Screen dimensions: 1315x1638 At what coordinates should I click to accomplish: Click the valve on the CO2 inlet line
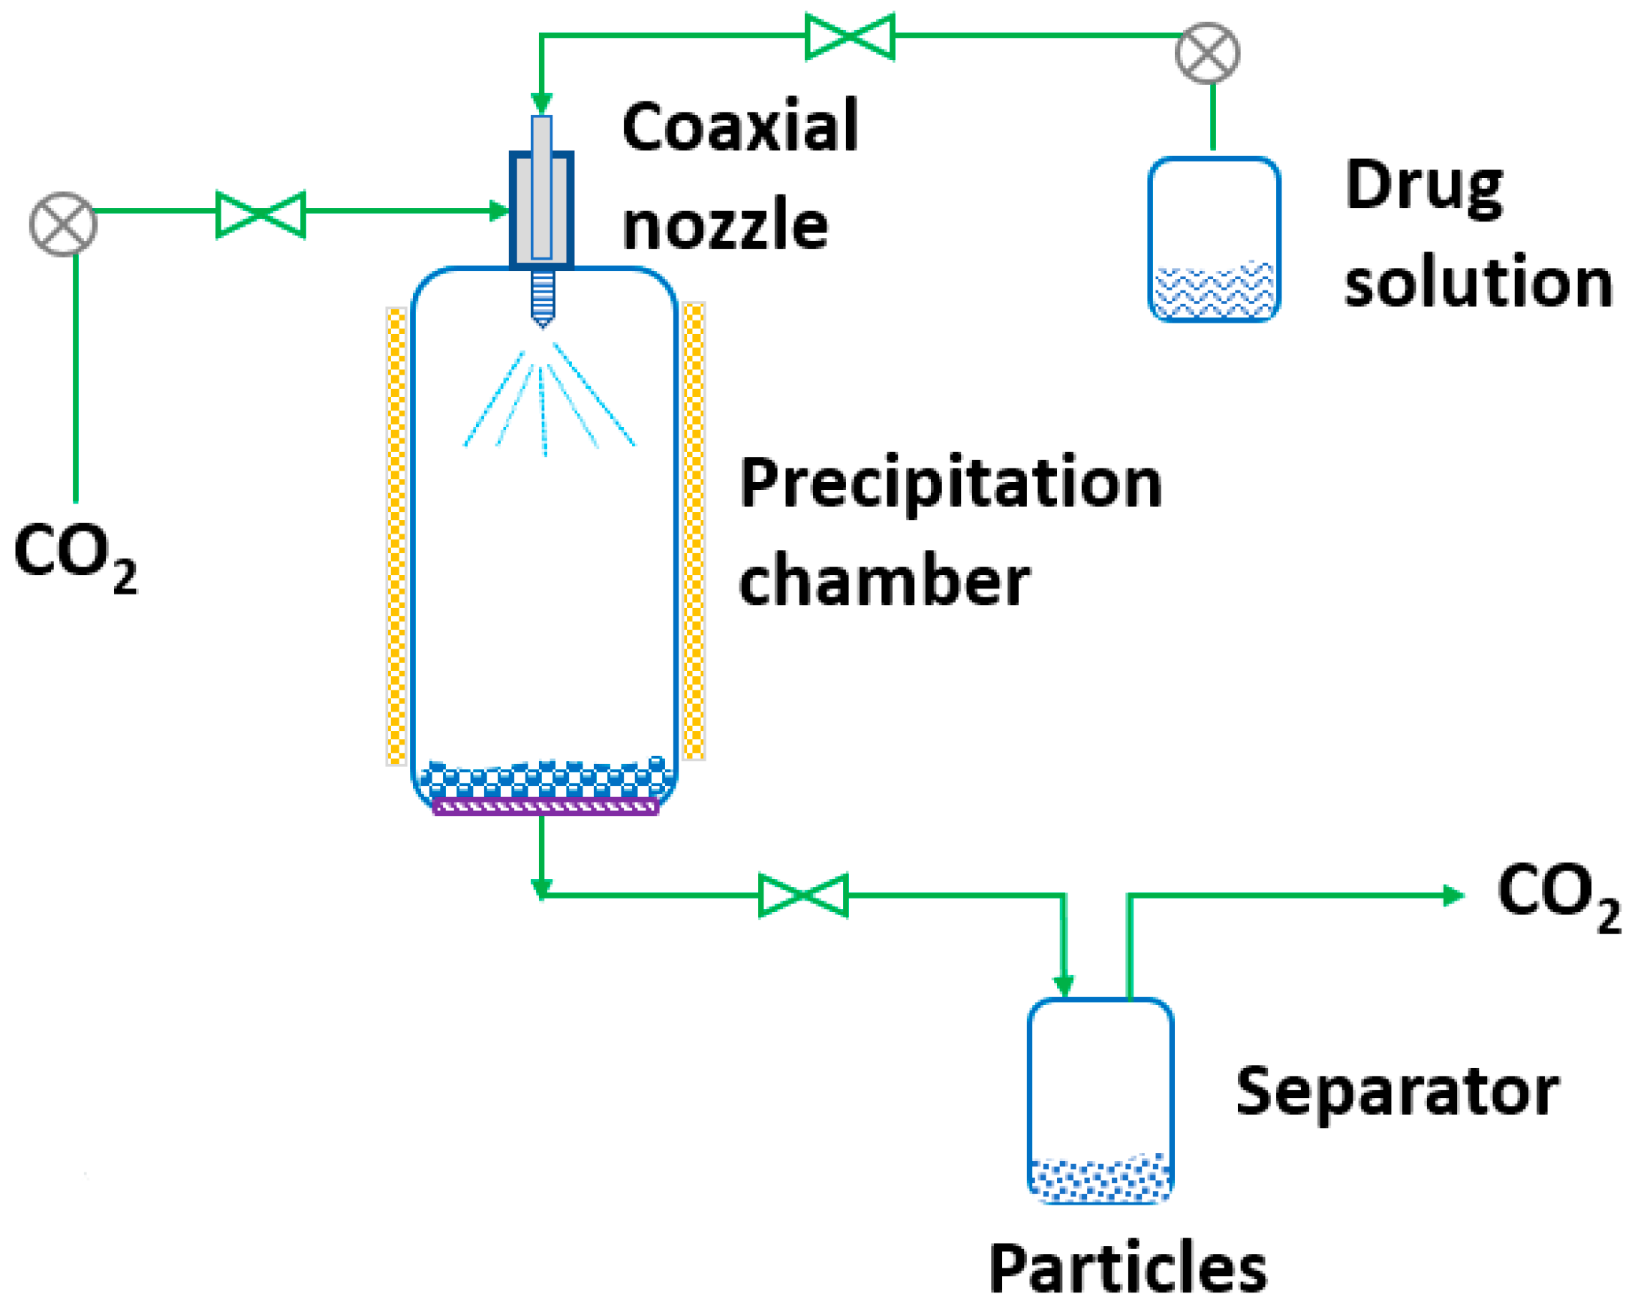pos(260,214)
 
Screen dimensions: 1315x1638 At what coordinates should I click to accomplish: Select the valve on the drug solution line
pos(849,36)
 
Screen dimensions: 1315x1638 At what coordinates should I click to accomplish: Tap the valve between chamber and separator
pos(803,895)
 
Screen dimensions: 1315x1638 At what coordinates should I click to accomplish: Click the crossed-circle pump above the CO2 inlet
pos(63,224)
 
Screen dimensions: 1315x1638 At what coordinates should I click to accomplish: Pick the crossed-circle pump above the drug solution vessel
pos(1206,53)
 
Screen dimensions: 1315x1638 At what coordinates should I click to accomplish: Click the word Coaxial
pos(739,126)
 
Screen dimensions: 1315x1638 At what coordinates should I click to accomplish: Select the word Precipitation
pos(950,483)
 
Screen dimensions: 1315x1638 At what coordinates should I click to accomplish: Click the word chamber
pos(884,580)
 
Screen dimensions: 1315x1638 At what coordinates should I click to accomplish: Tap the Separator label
pos(1396,1091)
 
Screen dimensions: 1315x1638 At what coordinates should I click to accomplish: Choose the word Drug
pos(1423,187)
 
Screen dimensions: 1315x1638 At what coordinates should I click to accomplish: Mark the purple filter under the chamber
pos(545,808)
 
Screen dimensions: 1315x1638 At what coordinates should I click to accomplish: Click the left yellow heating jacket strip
pos(396,536)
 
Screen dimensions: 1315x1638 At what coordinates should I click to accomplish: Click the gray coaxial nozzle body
pos(542,209)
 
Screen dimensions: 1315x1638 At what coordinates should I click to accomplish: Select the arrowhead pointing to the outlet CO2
pos(1453,895)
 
